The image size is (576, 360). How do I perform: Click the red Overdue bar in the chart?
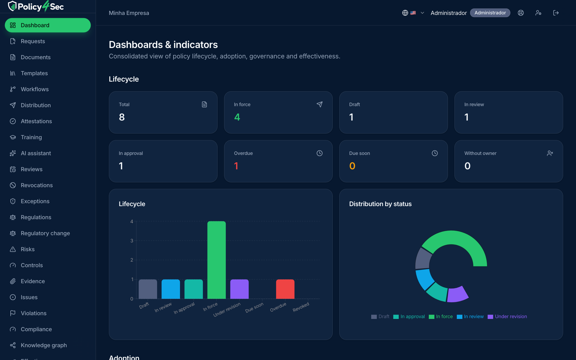(285, 289)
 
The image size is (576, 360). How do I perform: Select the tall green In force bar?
(217, 260)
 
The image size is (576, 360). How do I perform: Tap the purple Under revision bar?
(239, 289)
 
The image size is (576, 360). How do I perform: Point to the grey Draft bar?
(148, 289)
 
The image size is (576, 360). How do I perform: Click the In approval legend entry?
(409, 317)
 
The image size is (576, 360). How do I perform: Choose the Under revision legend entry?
(507, 317)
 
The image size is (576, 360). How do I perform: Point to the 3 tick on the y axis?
(132, 241)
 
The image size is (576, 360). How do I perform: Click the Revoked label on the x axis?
(301, 307)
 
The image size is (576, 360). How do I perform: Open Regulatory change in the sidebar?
(45, 233)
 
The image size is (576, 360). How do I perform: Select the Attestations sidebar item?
(36, 121)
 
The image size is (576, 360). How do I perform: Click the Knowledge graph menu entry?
(44, 345)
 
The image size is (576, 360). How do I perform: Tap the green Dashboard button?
(48, 25)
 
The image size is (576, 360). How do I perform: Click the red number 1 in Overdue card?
(236, 166)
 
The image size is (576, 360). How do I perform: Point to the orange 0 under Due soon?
(352, 166)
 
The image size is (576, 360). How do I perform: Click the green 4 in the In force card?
(237, 117)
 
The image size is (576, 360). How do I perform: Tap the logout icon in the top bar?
(556, 13)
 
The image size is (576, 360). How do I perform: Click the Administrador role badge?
(490, 13)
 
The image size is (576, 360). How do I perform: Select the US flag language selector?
(413, 13)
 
